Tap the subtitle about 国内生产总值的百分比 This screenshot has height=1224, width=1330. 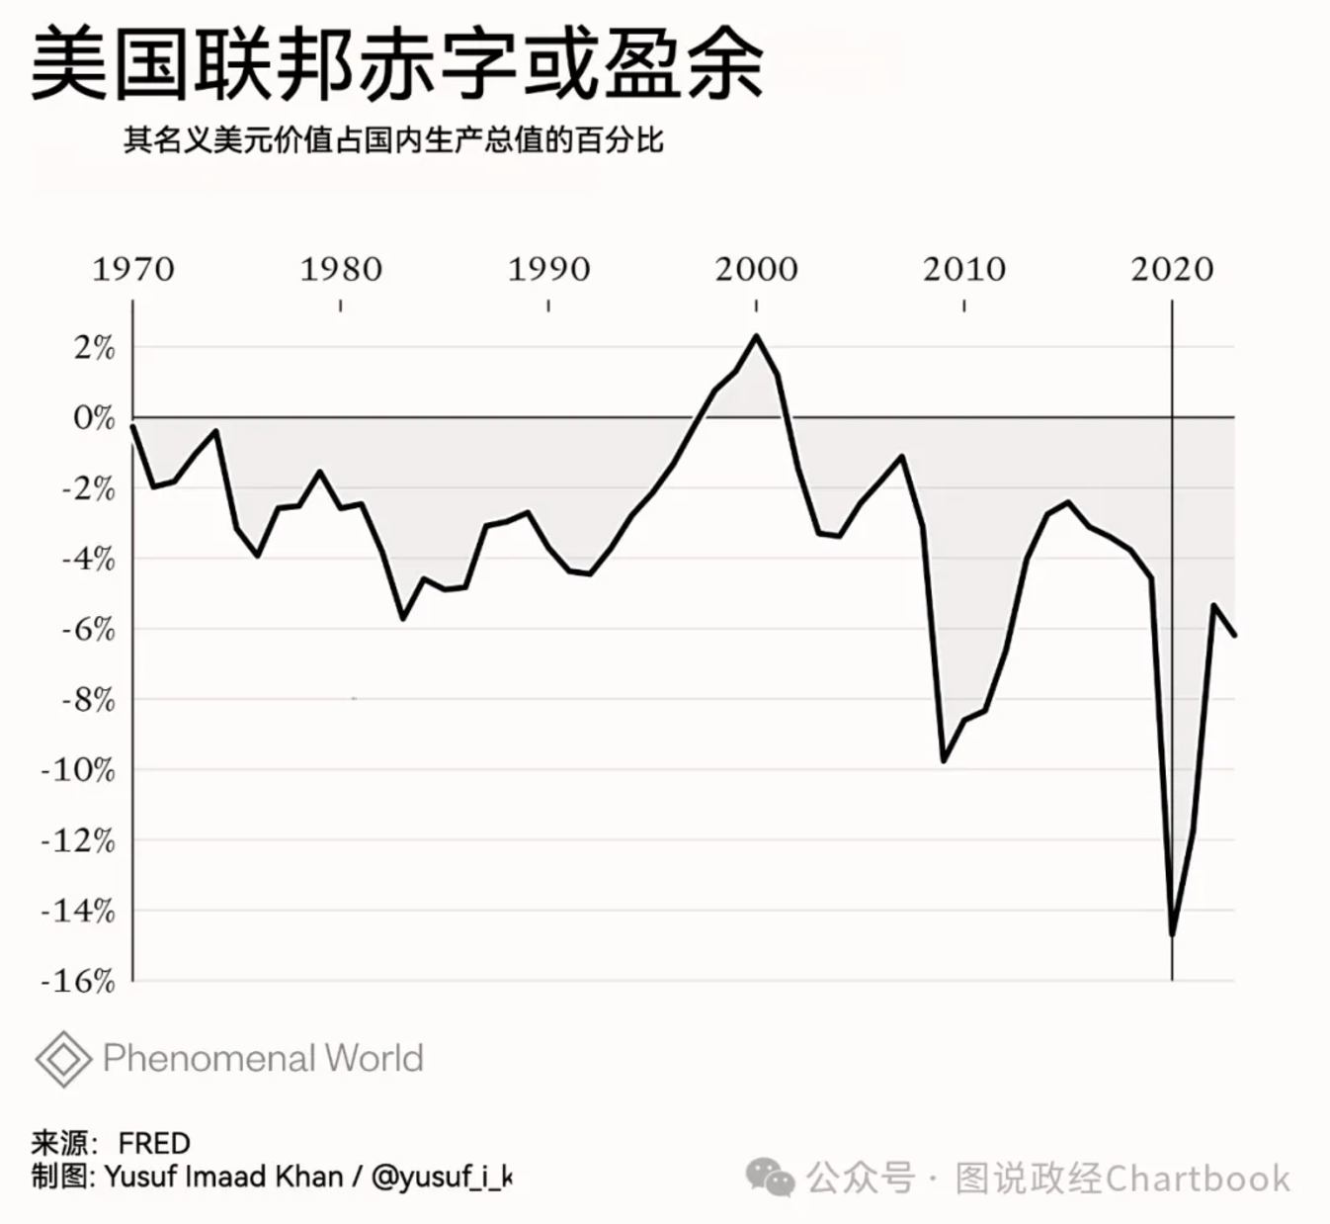point(392,140)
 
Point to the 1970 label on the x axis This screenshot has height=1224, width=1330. point(132,269)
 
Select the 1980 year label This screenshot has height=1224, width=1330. point(341,269)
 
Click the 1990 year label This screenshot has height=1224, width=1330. point(548,269)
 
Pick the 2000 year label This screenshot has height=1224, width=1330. point(756,269)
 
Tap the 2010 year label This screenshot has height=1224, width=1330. point(964,269)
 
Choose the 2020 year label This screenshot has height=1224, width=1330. point(1172,269)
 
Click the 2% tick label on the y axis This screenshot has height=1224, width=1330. point(95,348)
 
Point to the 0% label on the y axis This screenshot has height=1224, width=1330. point(95,418)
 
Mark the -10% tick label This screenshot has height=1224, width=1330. point(79,770)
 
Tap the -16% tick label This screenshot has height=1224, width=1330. point(79,982)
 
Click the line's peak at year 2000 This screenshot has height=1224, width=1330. point(757,336)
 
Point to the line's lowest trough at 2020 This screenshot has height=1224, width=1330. point(1172,933)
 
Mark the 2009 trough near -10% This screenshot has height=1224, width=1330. point(944,760)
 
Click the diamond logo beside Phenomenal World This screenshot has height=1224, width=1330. point(63,1059)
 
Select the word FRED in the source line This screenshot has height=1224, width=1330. point(154,1144)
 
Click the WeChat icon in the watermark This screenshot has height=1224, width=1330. point(770,1178)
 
